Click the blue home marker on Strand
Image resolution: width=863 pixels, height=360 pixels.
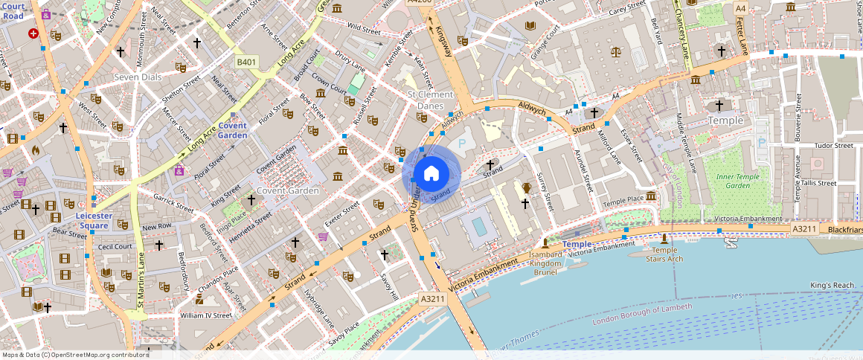pyautogui.click(x=431, y=174)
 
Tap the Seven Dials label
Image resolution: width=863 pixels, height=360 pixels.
pyautogui.click(x=138, y=77)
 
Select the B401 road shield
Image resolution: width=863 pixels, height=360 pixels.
pyautogui.click(x=247, y=62)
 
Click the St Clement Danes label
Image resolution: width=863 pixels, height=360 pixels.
pyautogui.click(x=430, y=100)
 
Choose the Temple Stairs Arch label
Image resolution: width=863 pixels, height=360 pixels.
pyautogui.click(x=664, y=255)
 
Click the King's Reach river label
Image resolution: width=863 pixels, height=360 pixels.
pyautogui.click(x=832, y=286)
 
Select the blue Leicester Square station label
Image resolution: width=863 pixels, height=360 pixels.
pyautogui.click(x=93, y=220)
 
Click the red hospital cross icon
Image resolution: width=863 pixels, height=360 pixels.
pyautogui.click(x=33, y=33)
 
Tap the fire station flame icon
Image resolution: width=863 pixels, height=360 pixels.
pyautogui.click(x=35, y=150)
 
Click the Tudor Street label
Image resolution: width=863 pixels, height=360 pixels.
pyautogui.click(x=832, y=146)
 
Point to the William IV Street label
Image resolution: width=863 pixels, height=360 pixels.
pyautogui.click(x=206, y=315)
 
